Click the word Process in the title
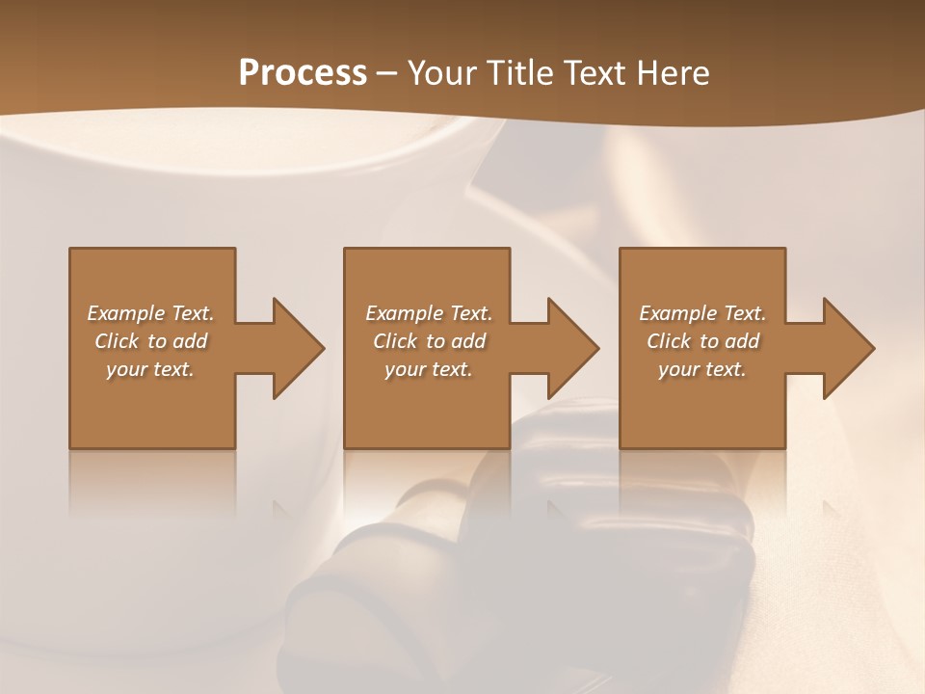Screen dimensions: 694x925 (x=303, y=73)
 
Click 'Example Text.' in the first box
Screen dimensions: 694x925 (x=150, y=313)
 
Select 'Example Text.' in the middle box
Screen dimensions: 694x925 (x=429, y=313)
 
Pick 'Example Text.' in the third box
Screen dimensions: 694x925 (x=702, y=313)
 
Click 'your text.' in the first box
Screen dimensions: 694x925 (x=150, y=369)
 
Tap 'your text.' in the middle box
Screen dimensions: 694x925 (x=429, y=369)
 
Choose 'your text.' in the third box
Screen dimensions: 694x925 (x=702, y=369)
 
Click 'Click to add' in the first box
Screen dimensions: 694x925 (x=150, y=341)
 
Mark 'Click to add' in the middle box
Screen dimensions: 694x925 (x=429, y=341)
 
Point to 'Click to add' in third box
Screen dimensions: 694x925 (x=702, y=341)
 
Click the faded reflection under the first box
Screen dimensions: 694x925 (x=152, y=487)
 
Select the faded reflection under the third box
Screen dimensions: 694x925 (x=702, y=487)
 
